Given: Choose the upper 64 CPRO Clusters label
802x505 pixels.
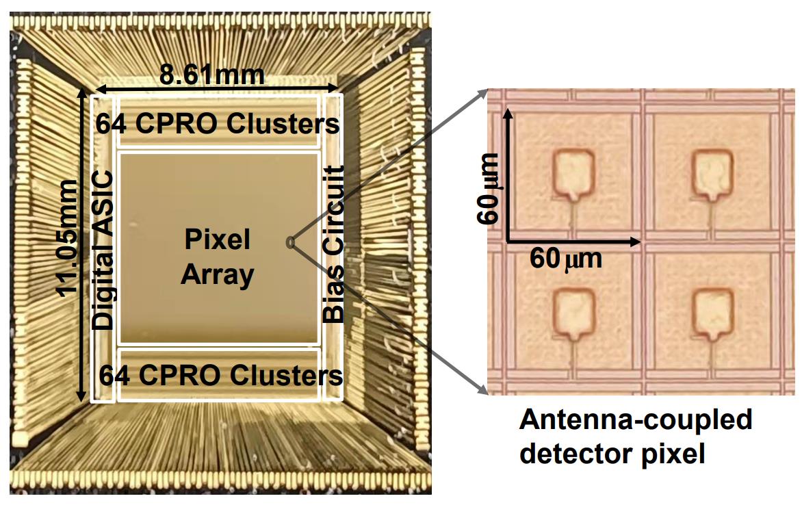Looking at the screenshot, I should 218,125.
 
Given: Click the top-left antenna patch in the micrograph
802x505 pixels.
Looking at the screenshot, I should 572,174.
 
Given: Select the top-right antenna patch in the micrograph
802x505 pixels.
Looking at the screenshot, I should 712,174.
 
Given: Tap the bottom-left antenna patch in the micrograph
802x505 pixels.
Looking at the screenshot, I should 572,313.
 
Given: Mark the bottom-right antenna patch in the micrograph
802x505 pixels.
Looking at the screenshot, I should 712,313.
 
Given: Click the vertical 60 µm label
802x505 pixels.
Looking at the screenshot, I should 490,189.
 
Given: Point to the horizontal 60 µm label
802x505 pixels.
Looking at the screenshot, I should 566,259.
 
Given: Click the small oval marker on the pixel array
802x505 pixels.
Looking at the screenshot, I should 290,242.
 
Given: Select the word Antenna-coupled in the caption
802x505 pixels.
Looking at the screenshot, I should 636,419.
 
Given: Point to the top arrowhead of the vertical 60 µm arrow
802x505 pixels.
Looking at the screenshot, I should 507,111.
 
